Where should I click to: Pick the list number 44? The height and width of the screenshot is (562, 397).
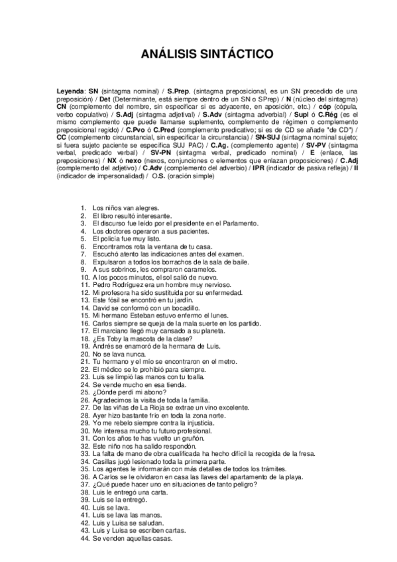84,538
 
